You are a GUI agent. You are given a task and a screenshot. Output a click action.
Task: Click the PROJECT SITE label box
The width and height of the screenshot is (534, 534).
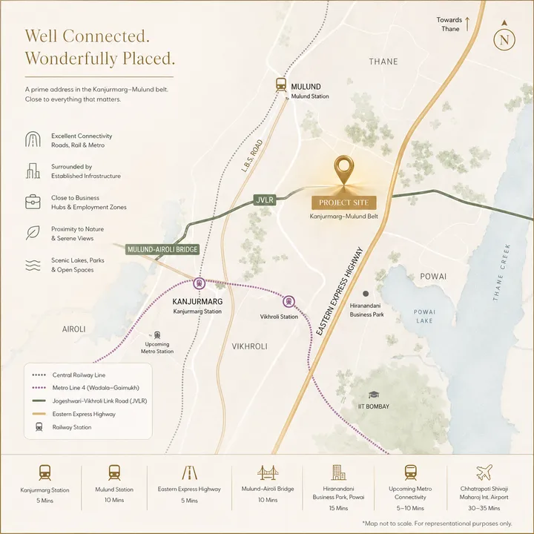point(343,202)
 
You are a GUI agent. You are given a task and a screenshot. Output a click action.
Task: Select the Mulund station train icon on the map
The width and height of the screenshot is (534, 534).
point(281,85)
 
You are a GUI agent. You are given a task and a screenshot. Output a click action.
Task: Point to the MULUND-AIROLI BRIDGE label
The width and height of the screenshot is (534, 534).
point(162,249)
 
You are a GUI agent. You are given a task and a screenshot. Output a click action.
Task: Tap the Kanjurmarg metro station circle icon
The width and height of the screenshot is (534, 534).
point(199,283)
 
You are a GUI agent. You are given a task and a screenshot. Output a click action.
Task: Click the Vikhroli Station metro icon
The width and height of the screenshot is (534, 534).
point(288,301)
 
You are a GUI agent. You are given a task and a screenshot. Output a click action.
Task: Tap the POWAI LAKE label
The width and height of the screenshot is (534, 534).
point(424,316)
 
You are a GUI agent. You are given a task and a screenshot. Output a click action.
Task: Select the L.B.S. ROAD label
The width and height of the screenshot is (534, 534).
point(253,153)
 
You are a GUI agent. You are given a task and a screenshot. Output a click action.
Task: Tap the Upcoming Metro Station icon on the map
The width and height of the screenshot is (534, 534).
point(156,334)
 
